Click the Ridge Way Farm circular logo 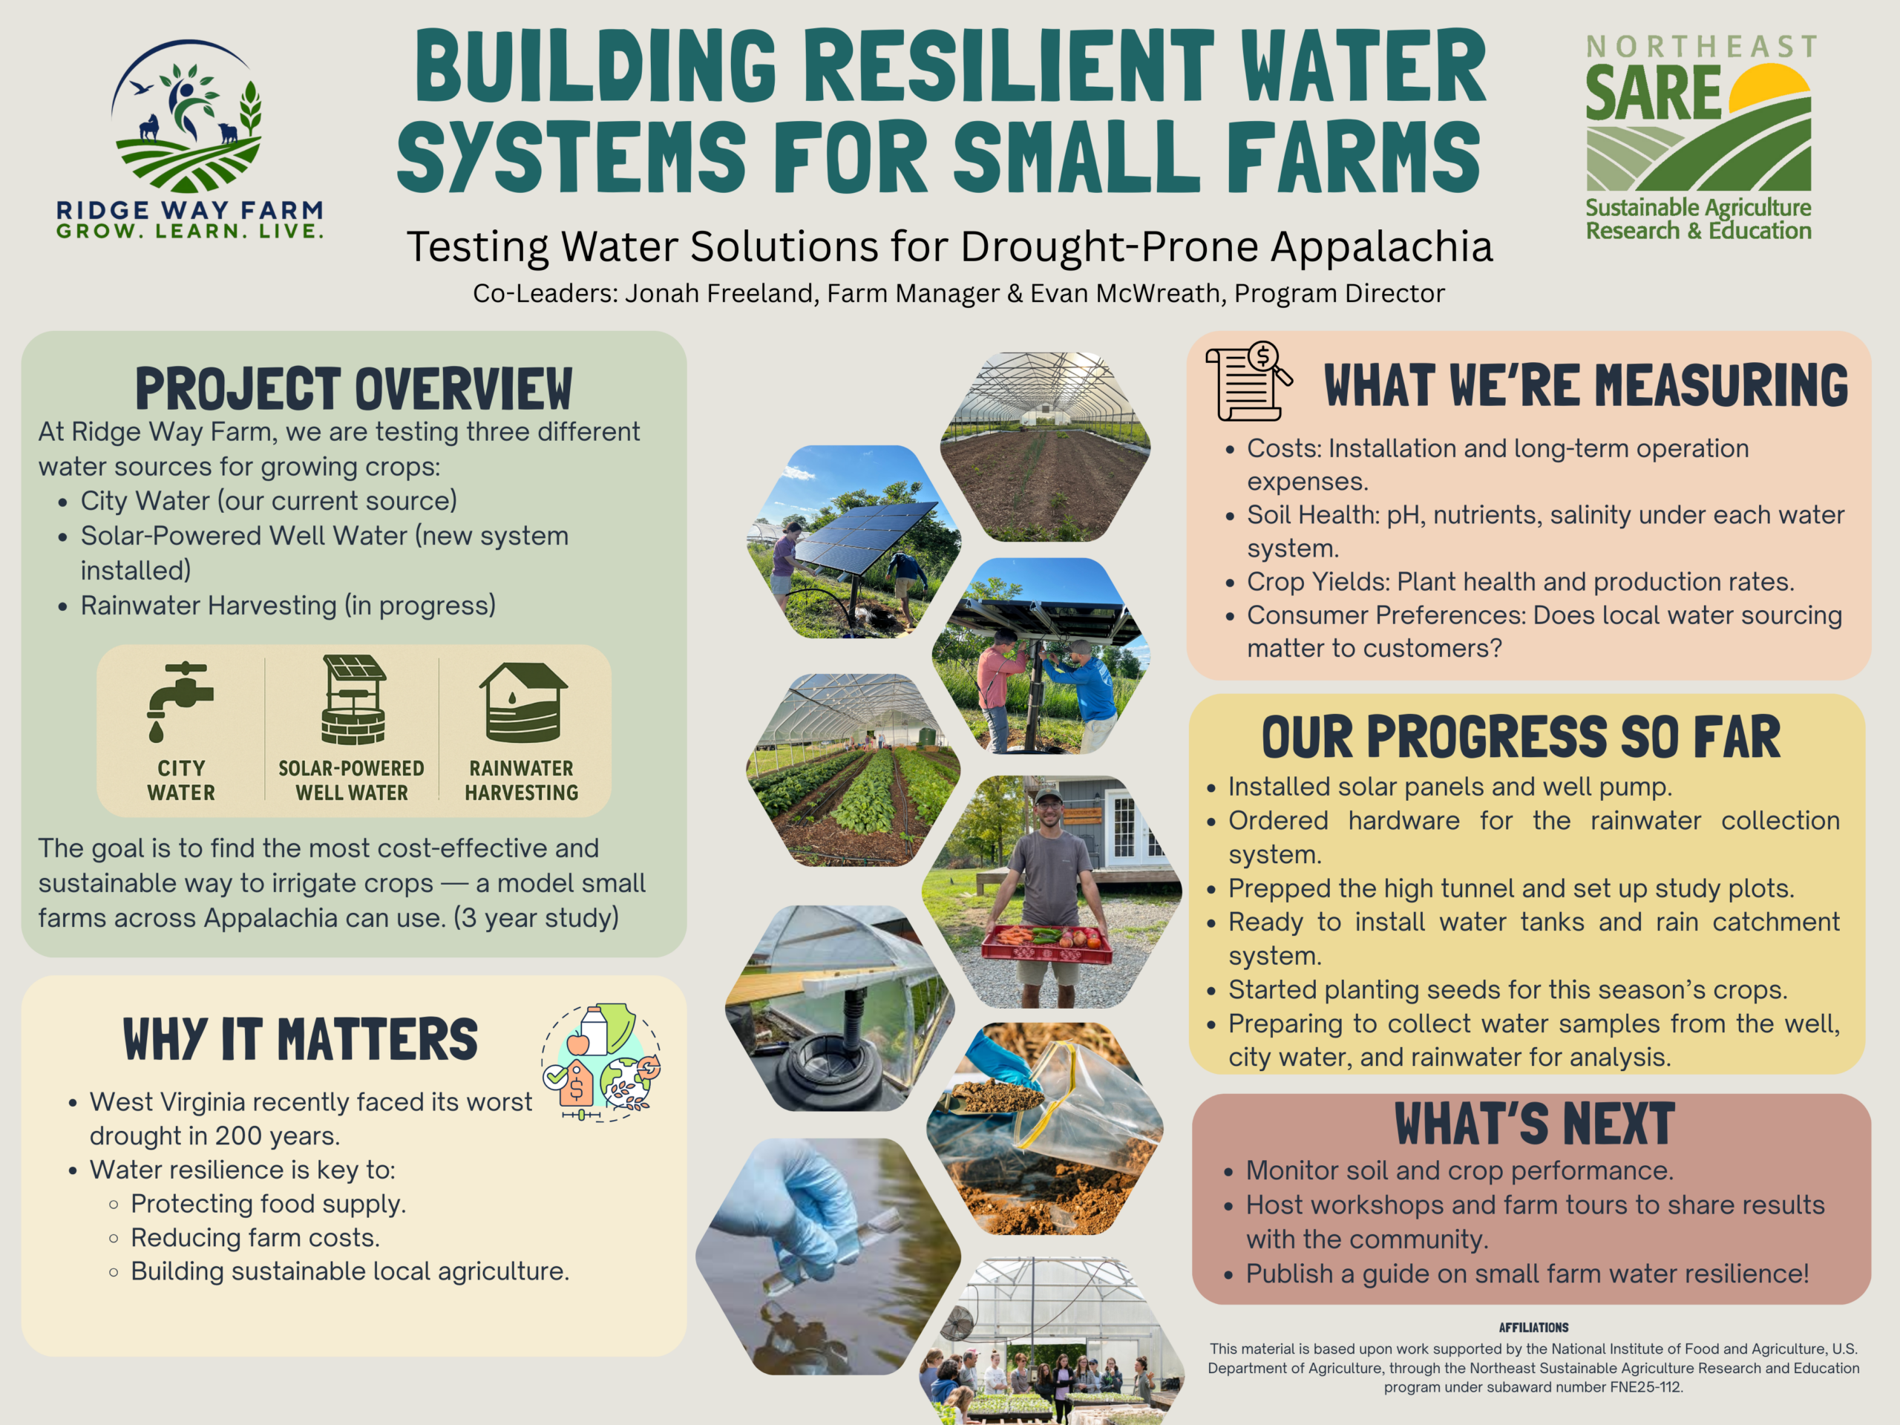click(186, 115)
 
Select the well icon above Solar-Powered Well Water click(353, 699)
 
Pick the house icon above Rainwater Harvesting click(523, 702)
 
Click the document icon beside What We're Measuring click(1249, 381)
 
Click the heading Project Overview click(354, 389)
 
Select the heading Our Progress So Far click(1521, 737)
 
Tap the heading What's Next click(1534, 1124)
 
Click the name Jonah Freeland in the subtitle click(721, 294)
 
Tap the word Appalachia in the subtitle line click(1381, 247)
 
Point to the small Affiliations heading click(1534, 1327)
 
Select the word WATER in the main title click(1364, 66)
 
